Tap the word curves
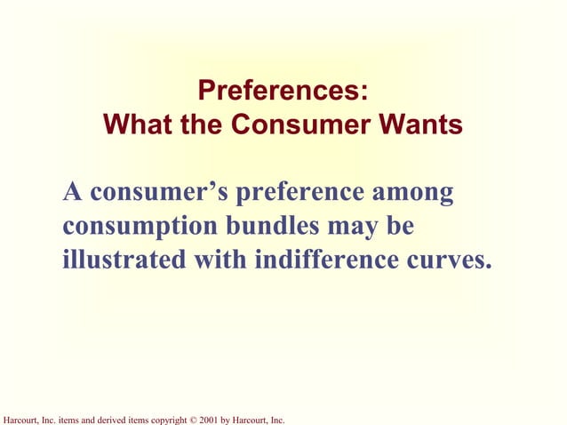451,261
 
